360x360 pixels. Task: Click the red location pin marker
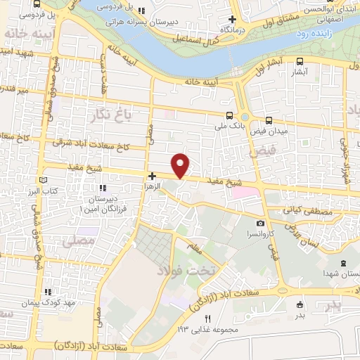coord(181,165)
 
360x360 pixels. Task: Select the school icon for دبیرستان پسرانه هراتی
coord(143,11)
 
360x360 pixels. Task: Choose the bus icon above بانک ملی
coord(229,115)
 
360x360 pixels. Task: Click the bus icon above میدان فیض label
coord(269,120)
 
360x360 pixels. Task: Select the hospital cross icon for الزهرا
coord(151,175)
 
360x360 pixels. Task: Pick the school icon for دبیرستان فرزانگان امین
coord(103,188)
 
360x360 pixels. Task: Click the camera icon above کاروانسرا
coord(260,224)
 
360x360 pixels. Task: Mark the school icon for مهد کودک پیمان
coord(48,291)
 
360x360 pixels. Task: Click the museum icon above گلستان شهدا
coord(342,264)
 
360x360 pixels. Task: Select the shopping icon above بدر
coord(301,304)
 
